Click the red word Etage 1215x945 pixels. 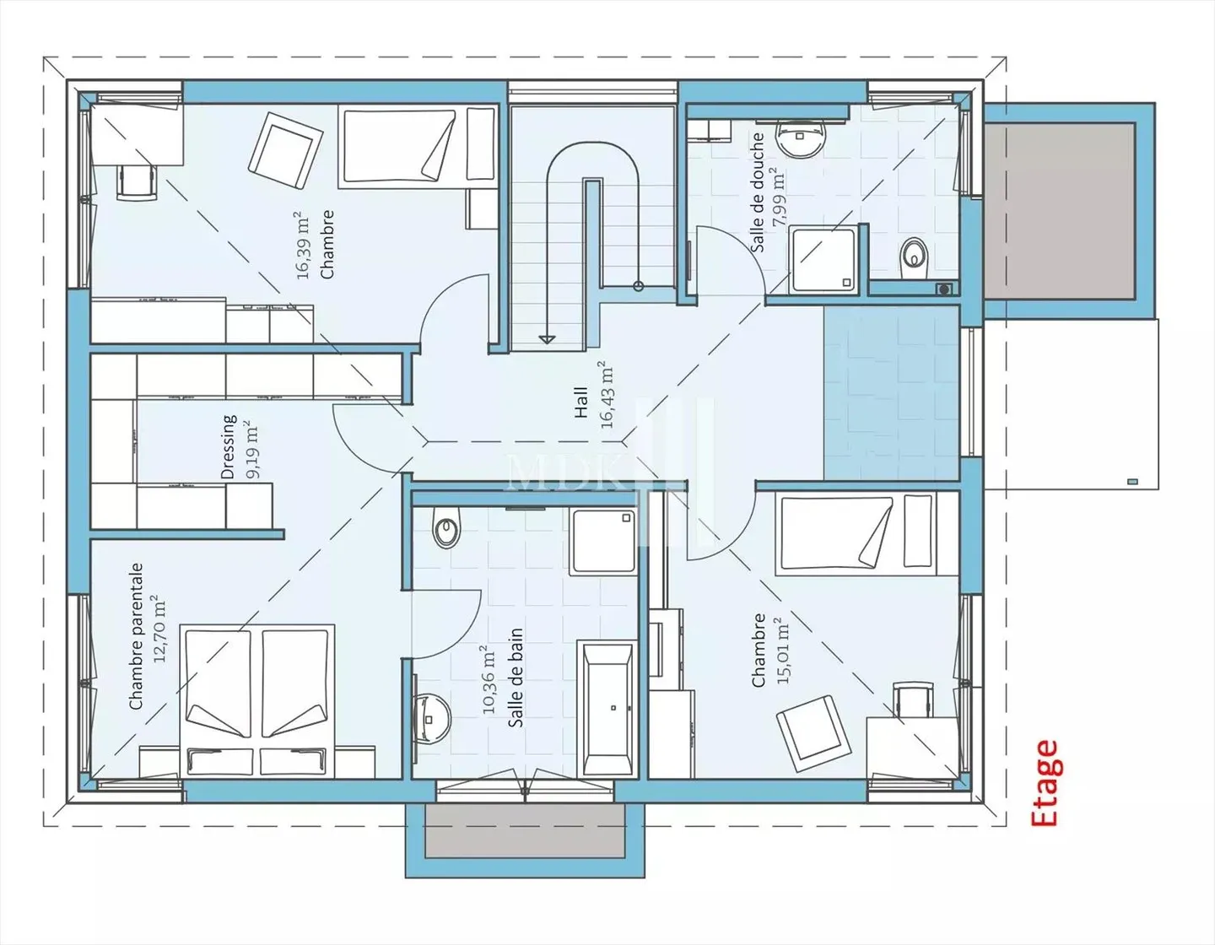(1044, 783)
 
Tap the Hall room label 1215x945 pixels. (581, 402)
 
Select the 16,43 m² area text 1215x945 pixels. (606, 395)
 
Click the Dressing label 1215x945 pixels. (228, 447)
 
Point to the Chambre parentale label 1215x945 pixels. (136, 636)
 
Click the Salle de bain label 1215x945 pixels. (516, 678)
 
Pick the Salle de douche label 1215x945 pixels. (758, 192)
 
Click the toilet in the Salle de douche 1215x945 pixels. (915, 259)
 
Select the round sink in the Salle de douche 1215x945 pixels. (801, 138)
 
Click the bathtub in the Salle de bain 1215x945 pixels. (607, 708)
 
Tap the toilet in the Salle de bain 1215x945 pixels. (445, 527)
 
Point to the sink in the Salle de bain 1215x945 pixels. (431, 719)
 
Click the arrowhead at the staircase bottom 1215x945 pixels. (546, 339)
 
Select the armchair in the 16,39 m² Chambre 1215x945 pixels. (285, 151)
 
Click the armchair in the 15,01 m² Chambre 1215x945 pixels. (814, 733)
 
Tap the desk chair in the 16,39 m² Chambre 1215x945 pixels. (138, 181)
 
